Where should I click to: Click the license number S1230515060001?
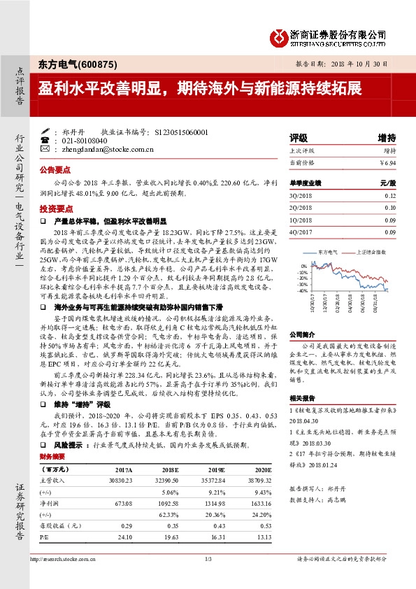click(x=180, y=132)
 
